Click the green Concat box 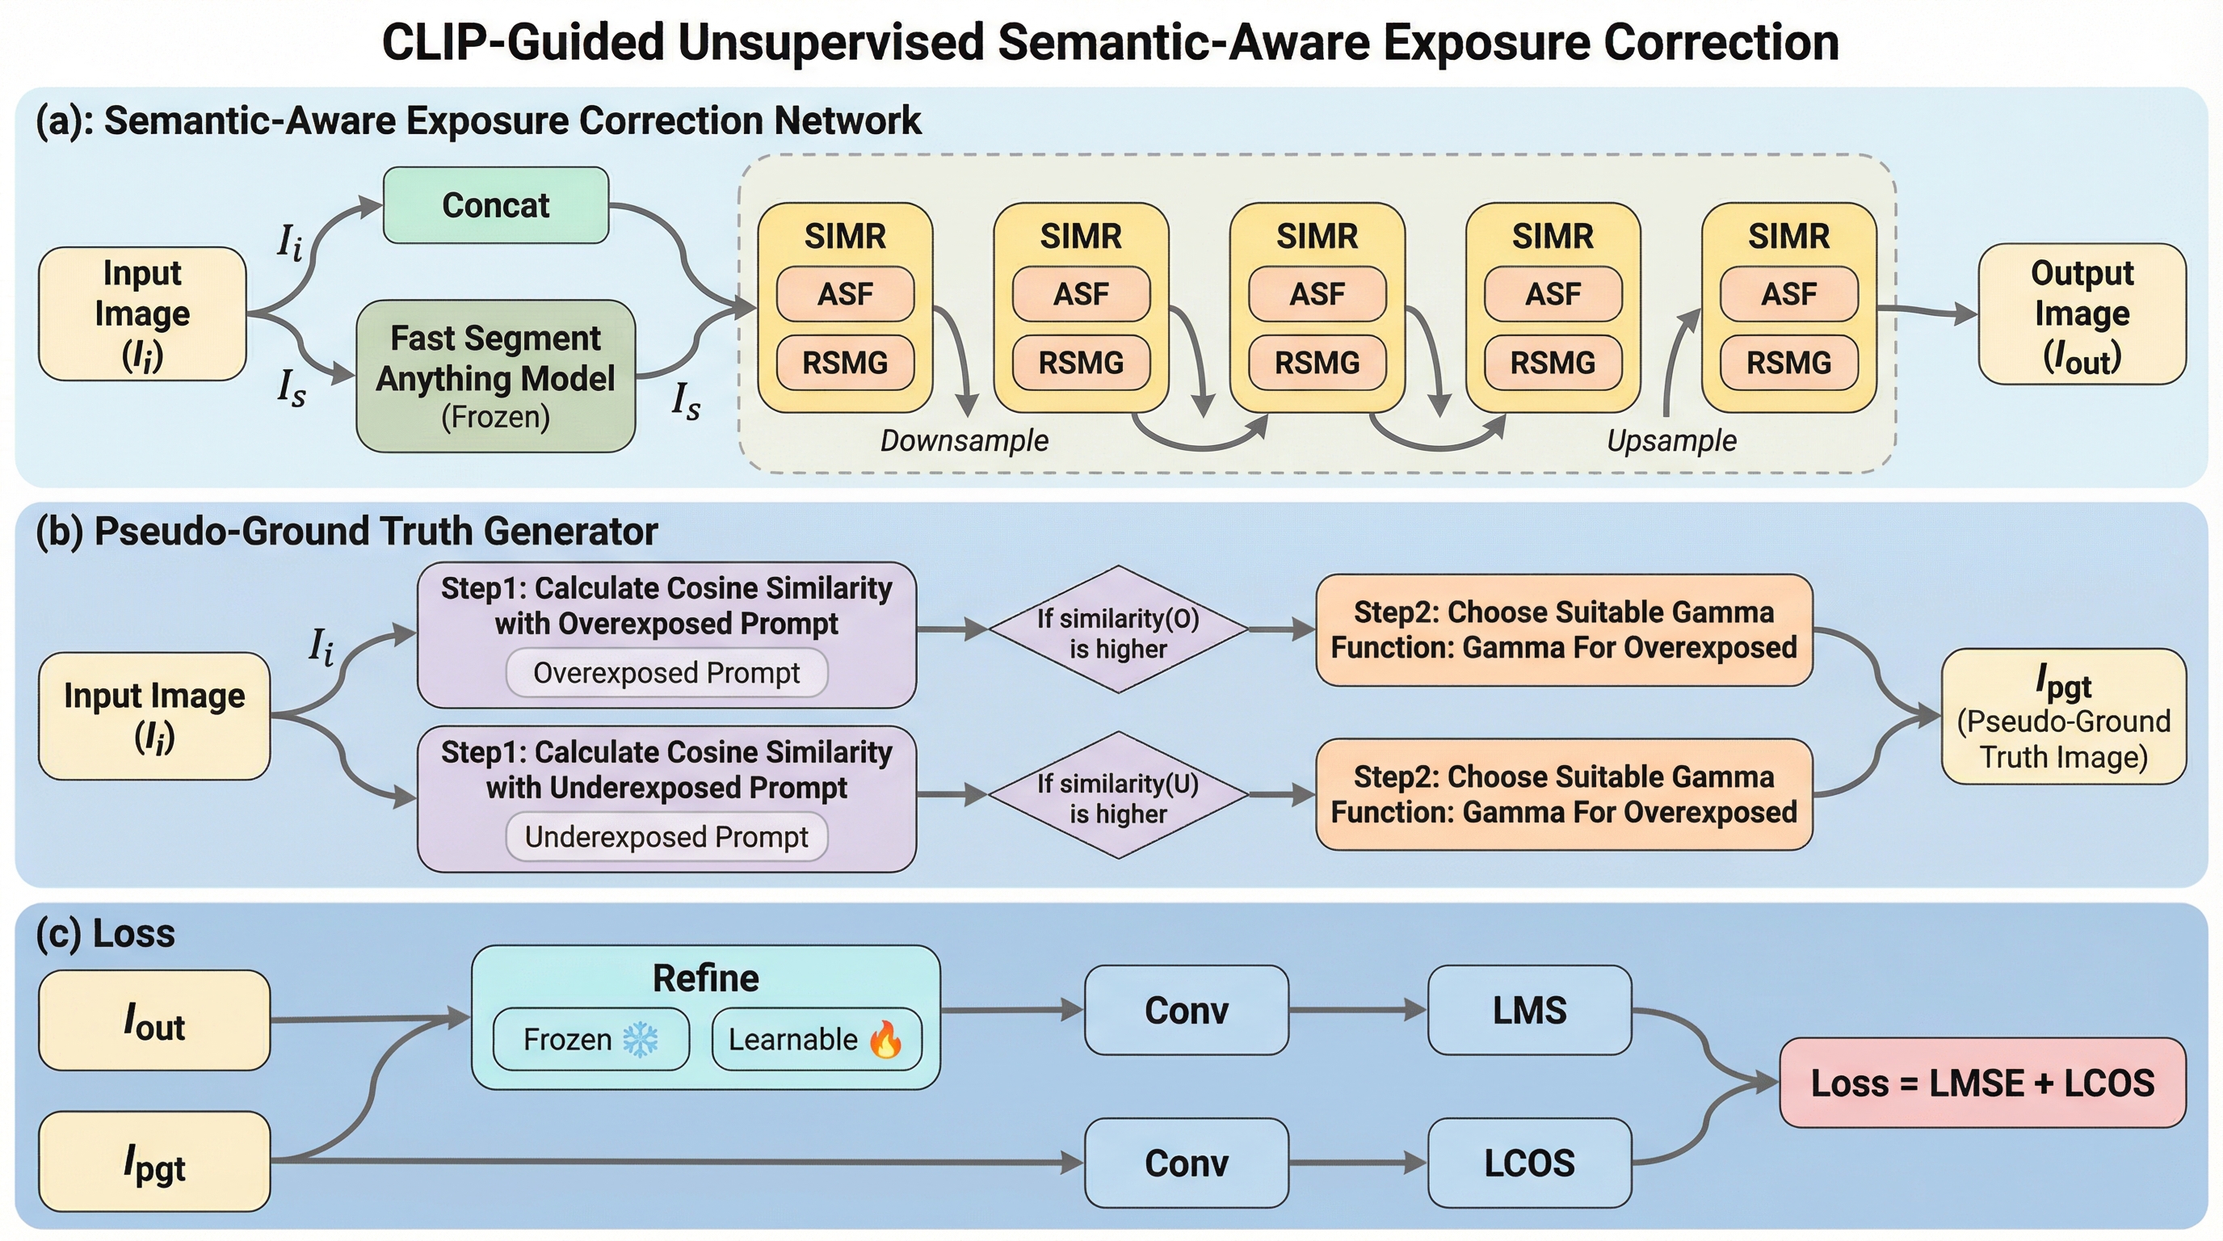(495, 205)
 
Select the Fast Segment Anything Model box (495, 377)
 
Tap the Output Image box (2082, 314)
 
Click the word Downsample (964, 440)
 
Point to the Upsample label (1670, 440)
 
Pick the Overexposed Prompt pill (666, 672)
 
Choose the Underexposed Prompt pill (666, 836)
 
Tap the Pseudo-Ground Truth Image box (2063, 717)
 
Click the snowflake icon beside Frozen (641, 1040)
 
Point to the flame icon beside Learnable (886, 1039)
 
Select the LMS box (1529, 1010)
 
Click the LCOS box (1529, 1163)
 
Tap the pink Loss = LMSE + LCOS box (1983, 1082)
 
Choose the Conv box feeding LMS (1187, 1010)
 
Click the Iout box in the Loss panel (154, 1020)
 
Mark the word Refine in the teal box (706, 978)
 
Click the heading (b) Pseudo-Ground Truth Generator (347, 531)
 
